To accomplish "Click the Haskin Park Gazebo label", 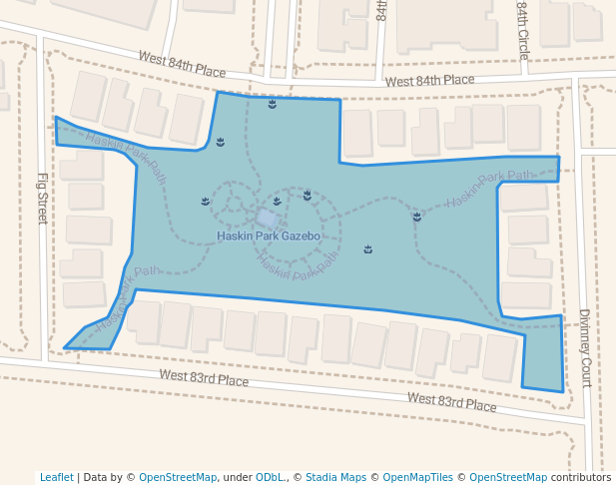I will [268, 237].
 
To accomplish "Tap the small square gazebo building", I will [267, 218].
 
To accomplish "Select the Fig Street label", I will [42, 198].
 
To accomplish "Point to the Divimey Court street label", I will [585, 347].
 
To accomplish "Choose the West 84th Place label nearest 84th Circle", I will [429, 81].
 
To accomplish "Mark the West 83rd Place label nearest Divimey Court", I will [451, 401].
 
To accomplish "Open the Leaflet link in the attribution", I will [56, 477].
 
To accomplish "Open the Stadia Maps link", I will [335, 477].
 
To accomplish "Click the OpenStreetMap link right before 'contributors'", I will [508, 477].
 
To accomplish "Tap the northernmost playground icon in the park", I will [272, 104].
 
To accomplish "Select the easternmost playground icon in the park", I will [416, 216].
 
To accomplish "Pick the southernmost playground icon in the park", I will [367, 248].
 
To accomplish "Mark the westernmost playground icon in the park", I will [205, 201].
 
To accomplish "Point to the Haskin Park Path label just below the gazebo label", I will [297, 263].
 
